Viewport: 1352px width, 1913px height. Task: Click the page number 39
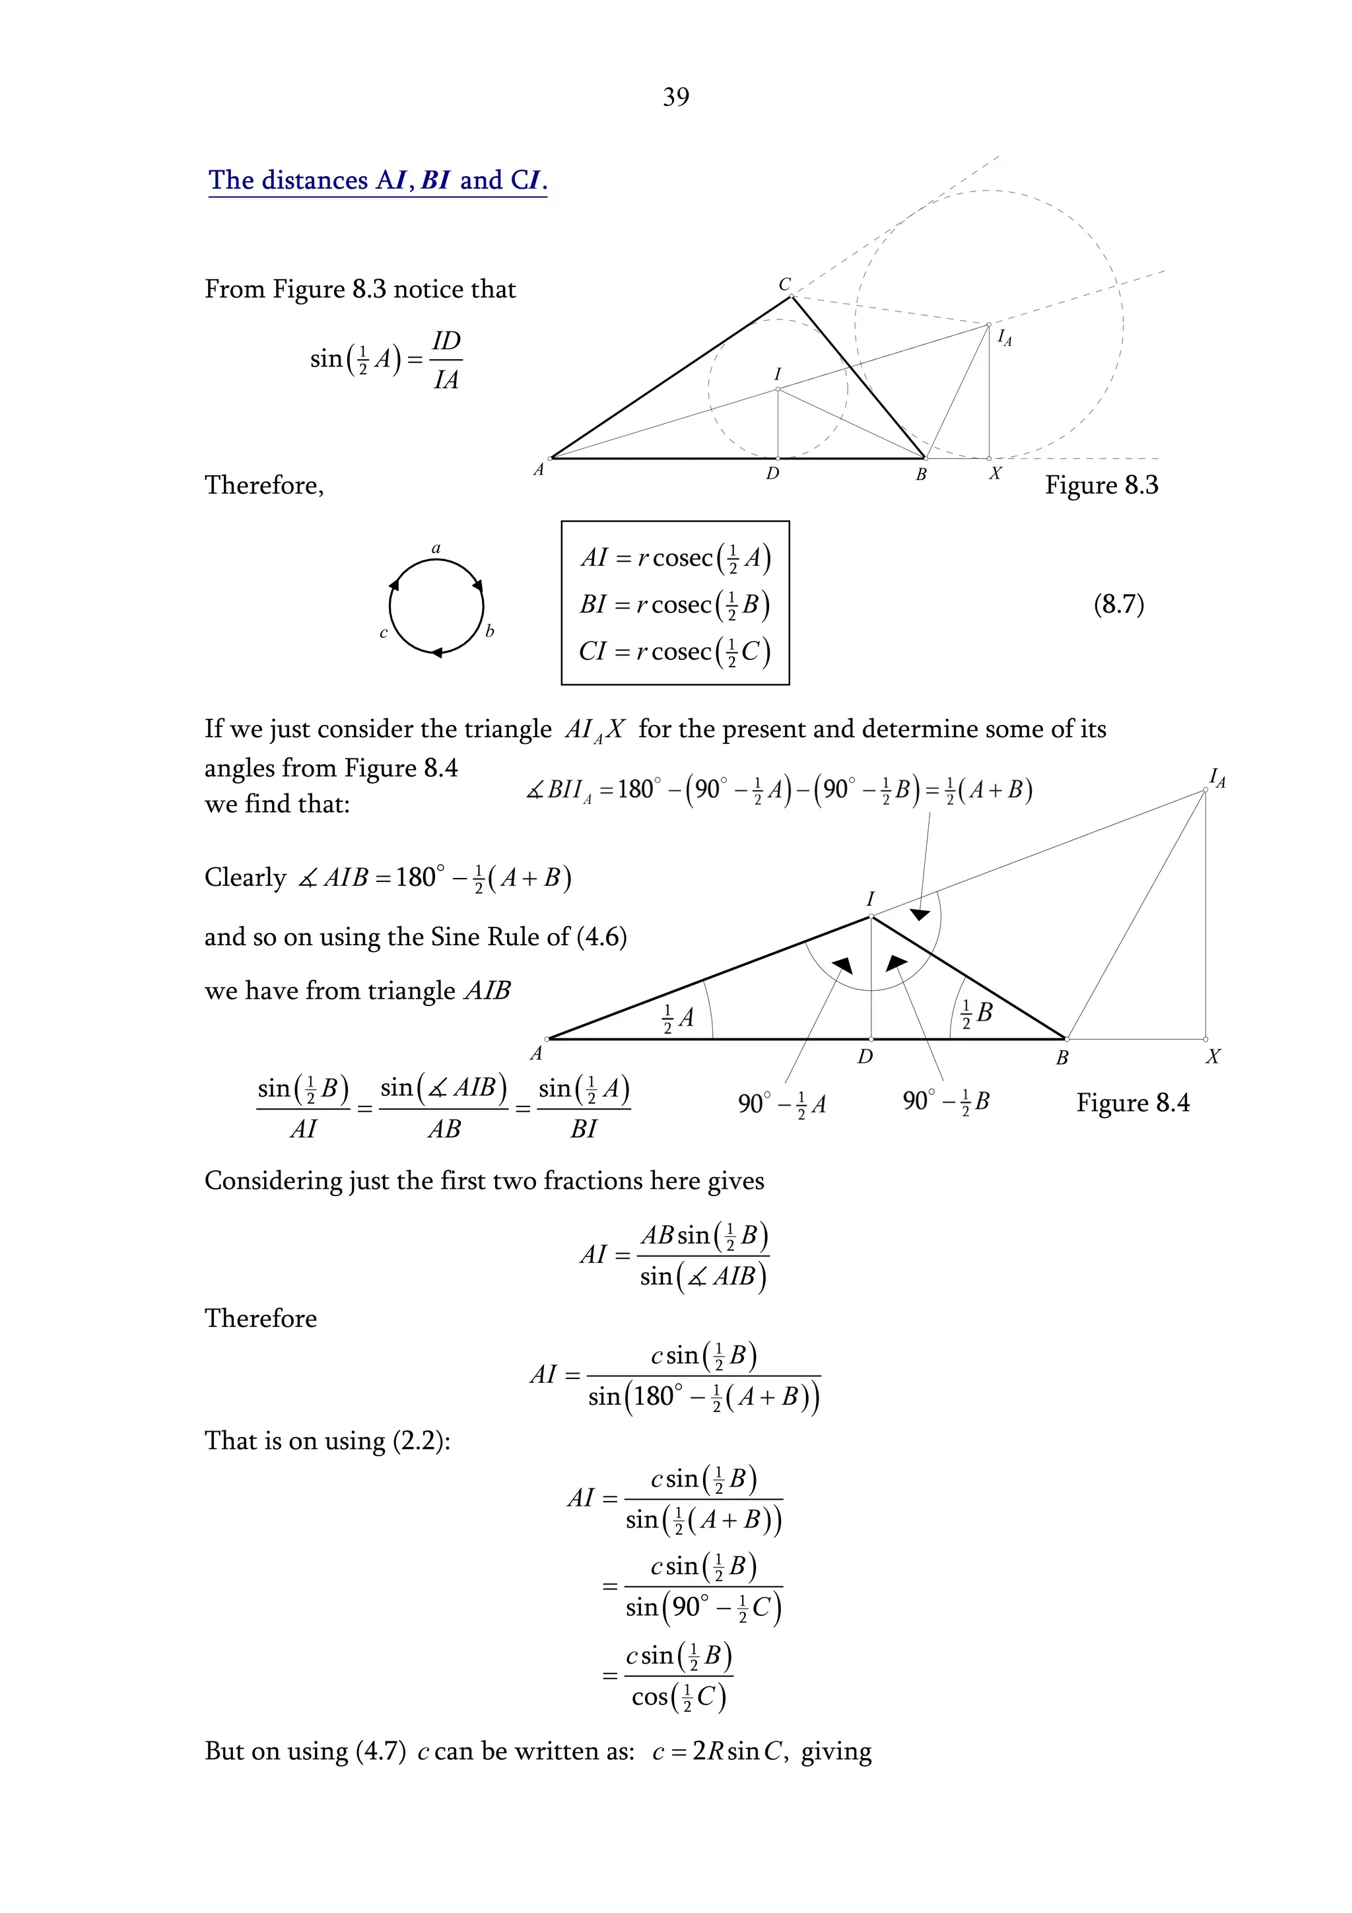click(x=675, y=98)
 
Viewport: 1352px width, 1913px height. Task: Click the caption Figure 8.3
click(x=1101, y=485)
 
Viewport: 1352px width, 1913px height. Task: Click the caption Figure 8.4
click(x=1132, y=1103)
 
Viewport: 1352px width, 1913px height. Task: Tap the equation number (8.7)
click(x=1118, y=604)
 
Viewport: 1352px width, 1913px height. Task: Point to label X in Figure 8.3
click(x=995, y=473)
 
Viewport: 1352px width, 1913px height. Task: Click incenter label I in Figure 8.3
click(x=777, y=374)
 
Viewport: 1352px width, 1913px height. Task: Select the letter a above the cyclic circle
click(x=436, y=549)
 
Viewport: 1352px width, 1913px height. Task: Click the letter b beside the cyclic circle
click(x=490, y=632)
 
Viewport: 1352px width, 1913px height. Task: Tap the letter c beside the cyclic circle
click(x=383, y=633)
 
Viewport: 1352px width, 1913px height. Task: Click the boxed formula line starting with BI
click(x=675, y=605)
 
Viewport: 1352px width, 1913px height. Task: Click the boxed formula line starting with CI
click(x=675, y=652)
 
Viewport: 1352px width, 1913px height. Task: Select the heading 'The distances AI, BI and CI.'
click(x=378, y=181)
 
